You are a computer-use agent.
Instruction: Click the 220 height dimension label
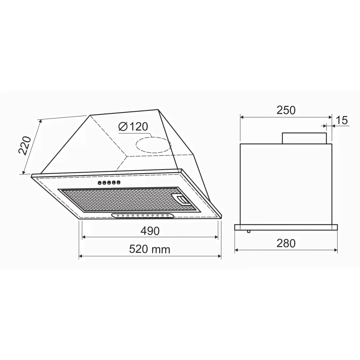click(x=25, y=145)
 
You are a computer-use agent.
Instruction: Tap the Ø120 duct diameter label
click(x=134, y=126)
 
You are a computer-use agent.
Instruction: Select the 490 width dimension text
click(x=150, y=231)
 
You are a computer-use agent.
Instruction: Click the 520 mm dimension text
click(x=150, y=249)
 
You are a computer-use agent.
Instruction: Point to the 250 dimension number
click(x=286, y=110)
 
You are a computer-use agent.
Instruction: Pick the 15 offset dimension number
click(x=342, y=120)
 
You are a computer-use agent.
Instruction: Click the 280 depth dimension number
click(x=286, y=243)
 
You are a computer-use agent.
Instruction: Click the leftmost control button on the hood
click(x=100, y=183)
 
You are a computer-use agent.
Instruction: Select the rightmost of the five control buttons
click(x=118, y=182)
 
